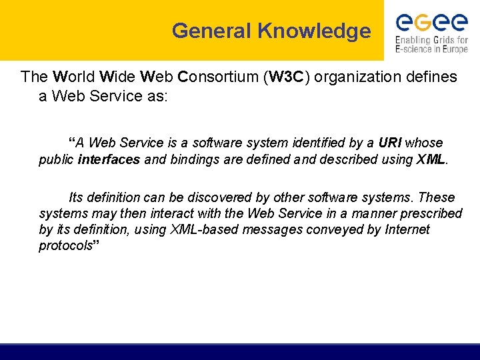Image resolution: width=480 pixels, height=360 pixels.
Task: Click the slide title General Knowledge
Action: pyautogui.click(x=271, y=31)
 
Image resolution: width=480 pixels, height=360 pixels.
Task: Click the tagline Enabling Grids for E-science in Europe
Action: pyautogui.click(x=431, y=45)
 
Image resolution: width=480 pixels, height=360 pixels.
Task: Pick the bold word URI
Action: pyautogui.click(x=390, y=143)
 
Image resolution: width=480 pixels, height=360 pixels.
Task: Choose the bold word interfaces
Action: pyautogui.click(x=109, y=159)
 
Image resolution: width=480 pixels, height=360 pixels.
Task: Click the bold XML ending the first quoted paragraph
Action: pyautogui.click(x=431, y=159)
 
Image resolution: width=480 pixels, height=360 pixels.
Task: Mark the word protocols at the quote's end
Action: pyautogui.click(x=65, y=245)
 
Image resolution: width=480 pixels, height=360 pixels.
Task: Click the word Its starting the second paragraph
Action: pyautogui.click(x=76, y=197)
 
